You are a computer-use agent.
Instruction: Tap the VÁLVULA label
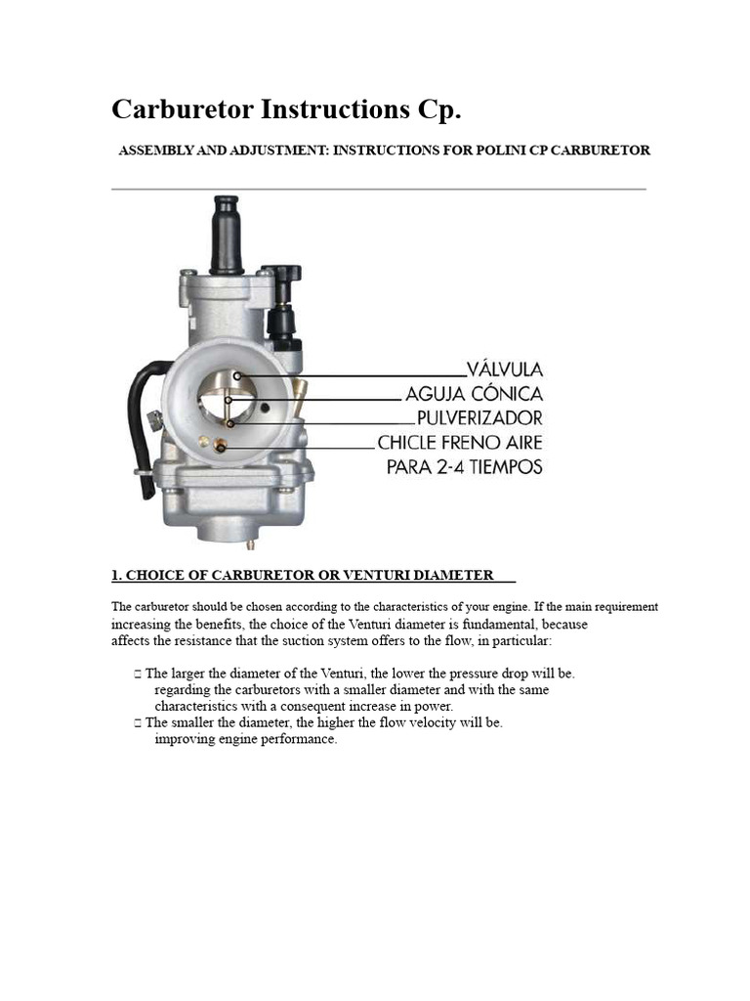point(505,370)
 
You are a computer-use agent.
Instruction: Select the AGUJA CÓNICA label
point(475,394)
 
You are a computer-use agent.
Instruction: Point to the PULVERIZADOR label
point(479,418)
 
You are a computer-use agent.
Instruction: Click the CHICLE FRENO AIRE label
point(461,443)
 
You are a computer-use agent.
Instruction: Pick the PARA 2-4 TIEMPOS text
point(464,467)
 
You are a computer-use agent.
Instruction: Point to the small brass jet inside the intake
point(221,446)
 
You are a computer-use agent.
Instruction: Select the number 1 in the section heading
point(115,575)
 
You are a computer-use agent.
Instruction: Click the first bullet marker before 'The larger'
point(138,674)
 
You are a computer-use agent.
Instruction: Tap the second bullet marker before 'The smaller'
point(138,722)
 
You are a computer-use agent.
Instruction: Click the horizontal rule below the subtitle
point(379,189)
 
